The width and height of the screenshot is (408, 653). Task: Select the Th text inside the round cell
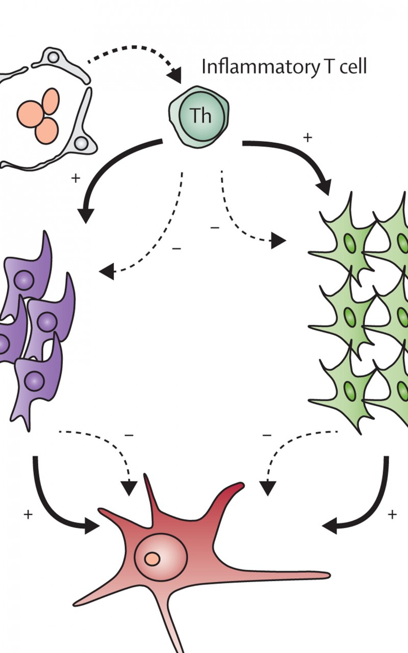pyautogui.click(x=200, y=115)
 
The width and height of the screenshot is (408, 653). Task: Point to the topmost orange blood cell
pyautogui.click(x=50, y=101)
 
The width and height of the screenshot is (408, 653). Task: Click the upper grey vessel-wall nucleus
pyautogui.click(x=53, y=58)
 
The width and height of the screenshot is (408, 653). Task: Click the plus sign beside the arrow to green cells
pyautogui.click(x=308, y=137)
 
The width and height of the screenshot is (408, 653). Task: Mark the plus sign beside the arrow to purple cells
pyautogui.click(x=75, y=178)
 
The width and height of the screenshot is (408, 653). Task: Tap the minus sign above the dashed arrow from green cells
pyautogui.click(x=267, y=436)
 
